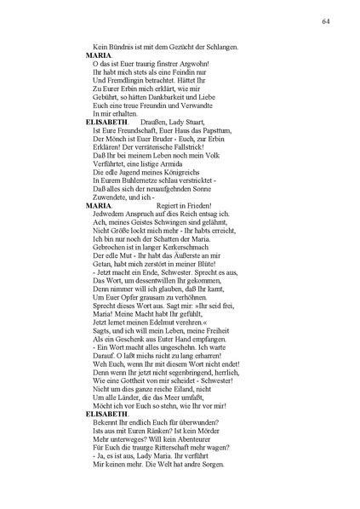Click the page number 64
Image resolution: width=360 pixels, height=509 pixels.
[325, 20]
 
